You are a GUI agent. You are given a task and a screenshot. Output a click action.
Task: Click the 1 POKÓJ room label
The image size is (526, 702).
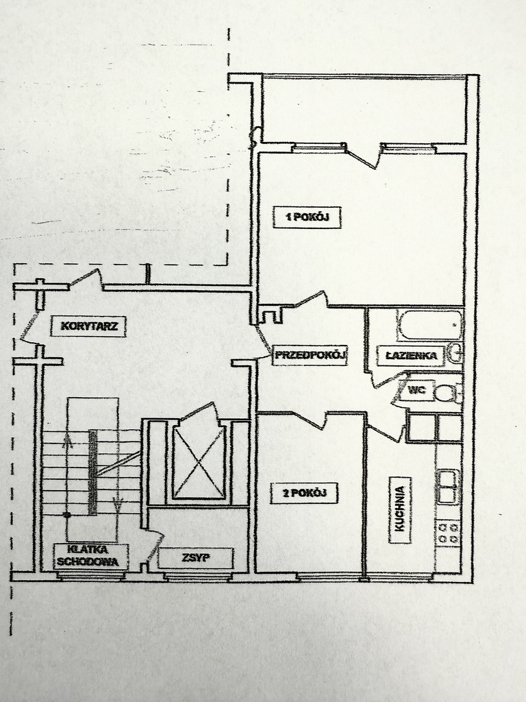tap(308, 217)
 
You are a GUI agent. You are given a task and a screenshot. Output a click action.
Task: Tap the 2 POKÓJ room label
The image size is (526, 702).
tap(304, 493)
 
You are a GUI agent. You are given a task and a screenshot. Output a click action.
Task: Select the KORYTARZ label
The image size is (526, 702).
tap(88, 326)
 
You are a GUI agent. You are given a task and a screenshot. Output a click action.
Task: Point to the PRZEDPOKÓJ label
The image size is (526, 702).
tap(311, 356)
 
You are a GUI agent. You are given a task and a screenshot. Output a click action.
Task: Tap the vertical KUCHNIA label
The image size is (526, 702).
tap(400, 509)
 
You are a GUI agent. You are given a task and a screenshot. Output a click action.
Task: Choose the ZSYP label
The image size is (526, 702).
tap(196, 558)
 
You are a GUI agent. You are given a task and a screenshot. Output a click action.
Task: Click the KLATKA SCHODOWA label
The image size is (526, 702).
tap(91, 555)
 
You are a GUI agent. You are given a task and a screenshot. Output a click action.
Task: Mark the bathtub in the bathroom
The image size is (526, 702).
tap(430, 325)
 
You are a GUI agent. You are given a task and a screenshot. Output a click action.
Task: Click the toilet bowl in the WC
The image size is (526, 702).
tap(446, 394)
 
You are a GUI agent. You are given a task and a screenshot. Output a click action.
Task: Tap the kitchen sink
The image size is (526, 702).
tap(448, 486)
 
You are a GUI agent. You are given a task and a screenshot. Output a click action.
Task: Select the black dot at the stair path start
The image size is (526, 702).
tap(67, 515)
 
